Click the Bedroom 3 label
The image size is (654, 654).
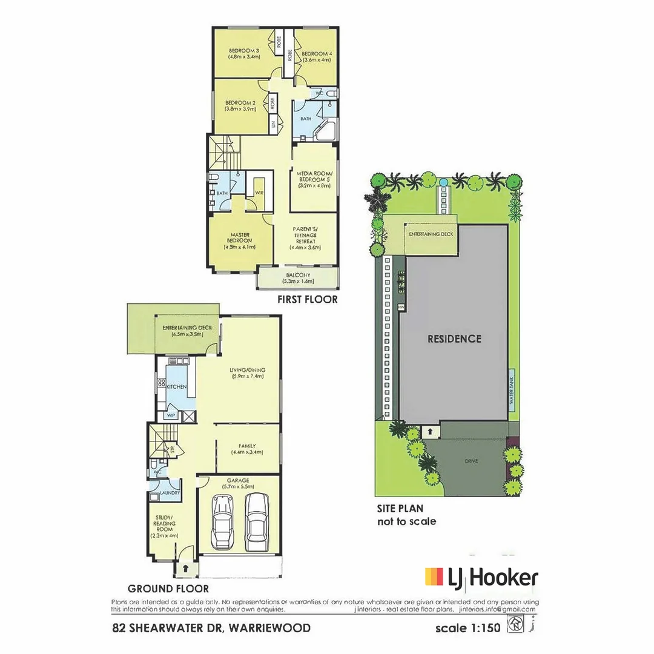tap(244, 53)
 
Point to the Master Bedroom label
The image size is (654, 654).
tap(240, 240)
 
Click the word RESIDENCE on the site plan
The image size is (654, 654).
tap(454, 339)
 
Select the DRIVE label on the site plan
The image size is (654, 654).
tap(472, 461)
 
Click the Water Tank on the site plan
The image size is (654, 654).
tap(511, 388)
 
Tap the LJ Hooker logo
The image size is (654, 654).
tap(481, 578)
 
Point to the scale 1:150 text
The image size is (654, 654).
tap(468, 628)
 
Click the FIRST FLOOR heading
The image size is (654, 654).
tap(307, 299)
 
